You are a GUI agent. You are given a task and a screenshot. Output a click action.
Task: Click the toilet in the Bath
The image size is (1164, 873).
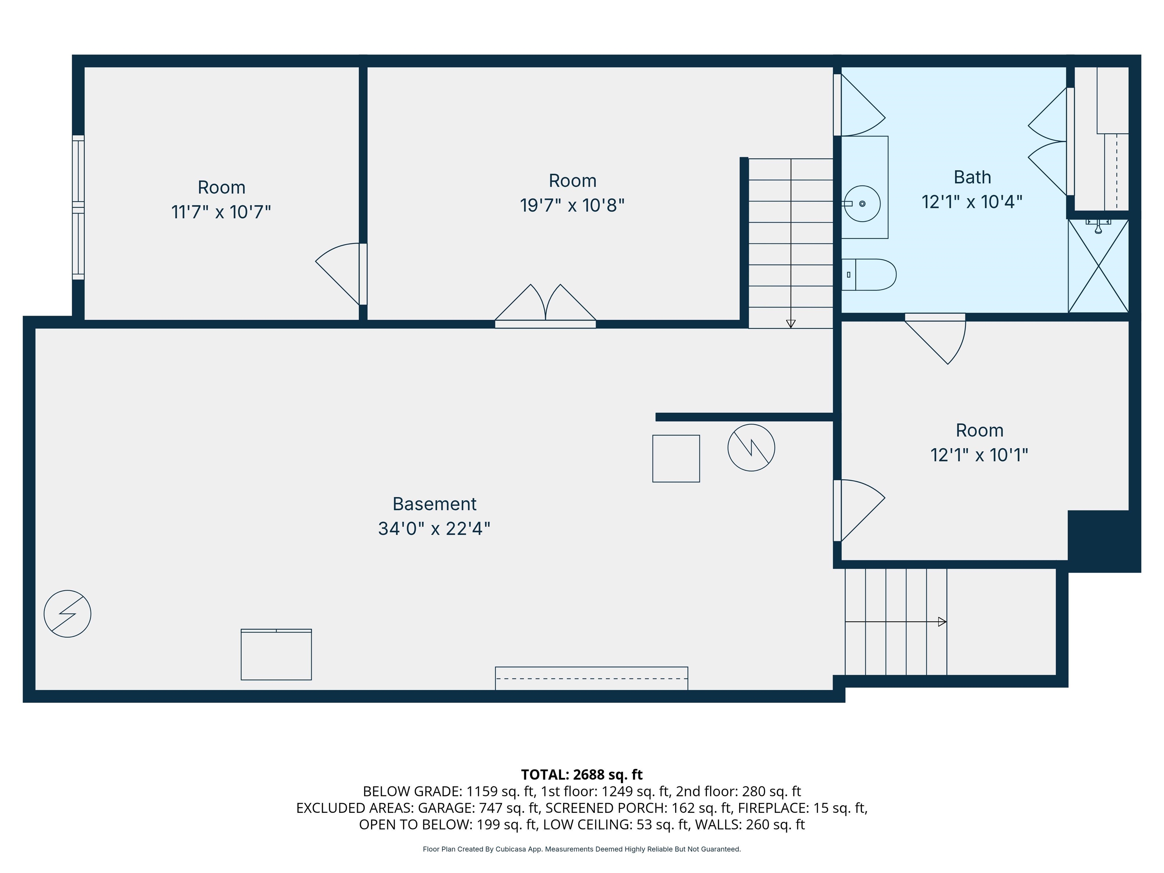tap(869, 275)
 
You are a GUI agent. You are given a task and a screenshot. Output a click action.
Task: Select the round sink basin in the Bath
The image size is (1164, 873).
tap(862, 203)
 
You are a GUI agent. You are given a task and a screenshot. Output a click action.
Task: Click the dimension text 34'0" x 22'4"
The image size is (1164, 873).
tap(434, 528)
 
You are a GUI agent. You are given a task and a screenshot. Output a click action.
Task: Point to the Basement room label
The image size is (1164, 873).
tap(434, 504)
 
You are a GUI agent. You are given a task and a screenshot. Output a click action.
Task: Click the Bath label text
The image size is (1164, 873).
tap(972, 177)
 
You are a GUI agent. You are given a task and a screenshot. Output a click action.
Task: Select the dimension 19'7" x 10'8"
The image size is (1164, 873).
tap(572, 205)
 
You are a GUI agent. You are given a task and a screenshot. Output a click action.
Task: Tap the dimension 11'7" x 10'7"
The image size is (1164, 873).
tap(221, 212)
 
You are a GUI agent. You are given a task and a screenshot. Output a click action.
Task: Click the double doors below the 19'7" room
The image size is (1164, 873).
tap(545, 308)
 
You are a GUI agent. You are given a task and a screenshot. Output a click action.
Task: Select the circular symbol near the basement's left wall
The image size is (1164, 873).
tap(67, 614)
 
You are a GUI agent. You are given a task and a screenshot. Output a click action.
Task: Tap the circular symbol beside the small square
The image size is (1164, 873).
tap(751, 448)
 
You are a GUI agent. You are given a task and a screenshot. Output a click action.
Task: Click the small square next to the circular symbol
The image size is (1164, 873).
tap(676, 458)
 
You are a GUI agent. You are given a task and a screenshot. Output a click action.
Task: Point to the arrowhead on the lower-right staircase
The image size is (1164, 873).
tap(942, 622)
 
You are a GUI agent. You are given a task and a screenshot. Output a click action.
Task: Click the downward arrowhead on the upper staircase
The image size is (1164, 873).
tap(790, 324)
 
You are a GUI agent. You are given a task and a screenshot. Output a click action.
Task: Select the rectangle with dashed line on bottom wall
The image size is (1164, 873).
tap(591, 678)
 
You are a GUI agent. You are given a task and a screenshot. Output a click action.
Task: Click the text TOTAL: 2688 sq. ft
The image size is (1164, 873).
tap(582, 774)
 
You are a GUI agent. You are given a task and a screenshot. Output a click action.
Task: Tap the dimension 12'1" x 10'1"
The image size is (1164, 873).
tap(979, 455)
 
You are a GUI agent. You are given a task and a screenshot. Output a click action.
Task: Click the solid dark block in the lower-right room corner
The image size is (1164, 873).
tap(1103, 540)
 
